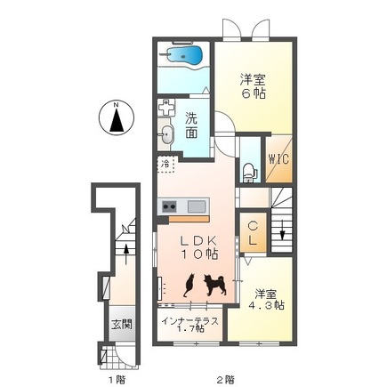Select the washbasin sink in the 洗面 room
(168, 134)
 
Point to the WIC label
(278, 161)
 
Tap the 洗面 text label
(192, 125)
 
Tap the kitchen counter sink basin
(195, 207)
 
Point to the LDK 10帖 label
(199, 247)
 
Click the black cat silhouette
(189, 285)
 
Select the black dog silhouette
(214, 284)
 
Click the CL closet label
(253, 234)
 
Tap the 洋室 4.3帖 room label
(266, 299)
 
